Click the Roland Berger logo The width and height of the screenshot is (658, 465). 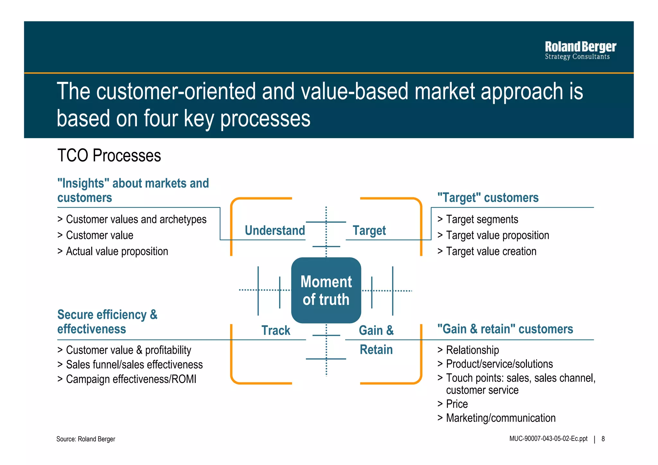pos(580,50)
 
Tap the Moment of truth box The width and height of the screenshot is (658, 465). pos(326,290)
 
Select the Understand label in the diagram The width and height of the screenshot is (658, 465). pos(275,230)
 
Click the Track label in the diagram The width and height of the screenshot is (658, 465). pos(276,330)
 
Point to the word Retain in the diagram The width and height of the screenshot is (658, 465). pos(376,350)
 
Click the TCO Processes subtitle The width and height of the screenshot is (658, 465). pos(109,156)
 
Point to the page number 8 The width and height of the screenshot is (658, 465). pos(603,439)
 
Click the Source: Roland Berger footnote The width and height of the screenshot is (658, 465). pos(85,439)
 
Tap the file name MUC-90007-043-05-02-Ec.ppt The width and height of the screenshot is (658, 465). pos(548,439)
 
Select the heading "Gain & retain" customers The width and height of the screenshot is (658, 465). pos(505,329)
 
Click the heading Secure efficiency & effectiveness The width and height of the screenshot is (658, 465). pos(107,322)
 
